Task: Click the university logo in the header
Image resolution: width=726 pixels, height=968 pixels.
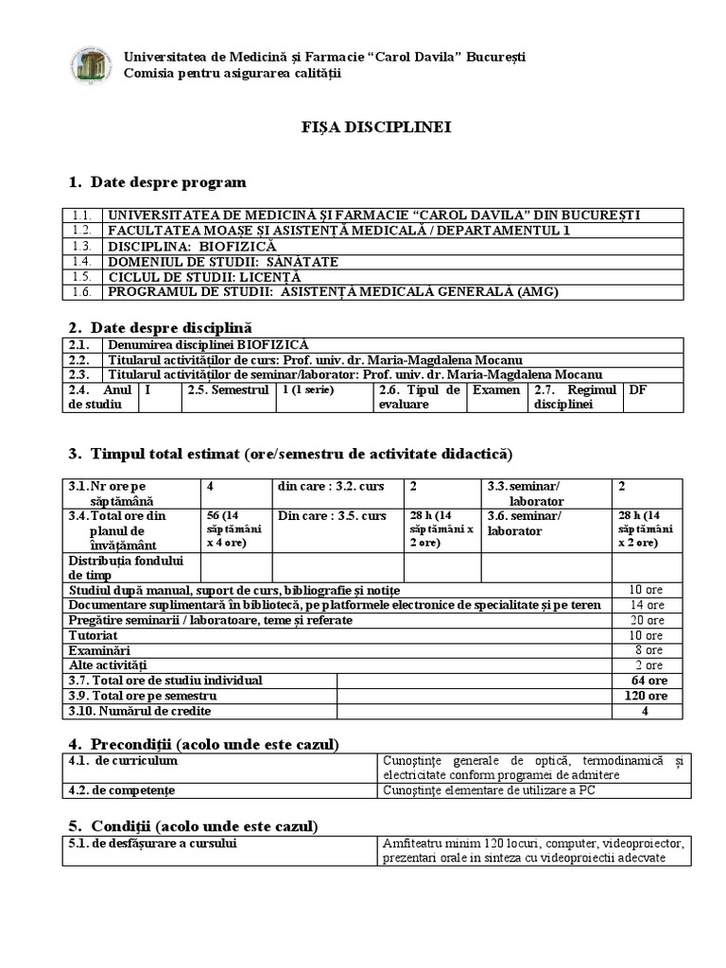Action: (x=91, y=64)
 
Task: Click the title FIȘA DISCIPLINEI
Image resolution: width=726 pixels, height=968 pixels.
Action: (x=363, y=127)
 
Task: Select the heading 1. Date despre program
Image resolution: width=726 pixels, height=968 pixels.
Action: (x=157, y=181)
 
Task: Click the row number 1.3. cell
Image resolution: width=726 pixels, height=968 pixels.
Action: (x=81, y=246)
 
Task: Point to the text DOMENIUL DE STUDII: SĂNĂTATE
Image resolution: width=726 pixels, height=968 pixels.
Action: (x=223, y=261)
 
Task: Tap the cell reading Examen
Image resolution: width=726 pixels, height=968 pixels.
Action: (x=496, y=389)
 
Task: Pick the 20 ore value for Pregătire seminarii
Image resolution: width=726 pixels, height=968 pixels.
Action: (x=648, y=620)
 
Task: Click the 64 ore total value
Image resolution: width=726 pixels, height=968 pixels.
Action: (x=648, y=681)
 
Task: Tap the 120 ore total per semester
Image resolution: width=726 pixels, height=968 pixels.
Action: (x=648, y=696)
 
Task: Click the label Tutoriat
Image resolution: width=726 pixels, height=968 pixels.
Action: (x=94, y=635)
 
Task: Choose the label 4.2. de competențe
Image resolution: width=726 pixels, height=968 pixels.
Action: (x=122, y=790)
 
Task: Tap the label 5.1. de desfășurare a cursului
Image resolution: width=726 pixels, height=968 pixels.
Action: (x=151, y=843)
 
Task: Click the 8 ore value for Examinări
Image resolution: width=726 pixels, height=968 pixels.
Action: (x=648, y=650)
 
